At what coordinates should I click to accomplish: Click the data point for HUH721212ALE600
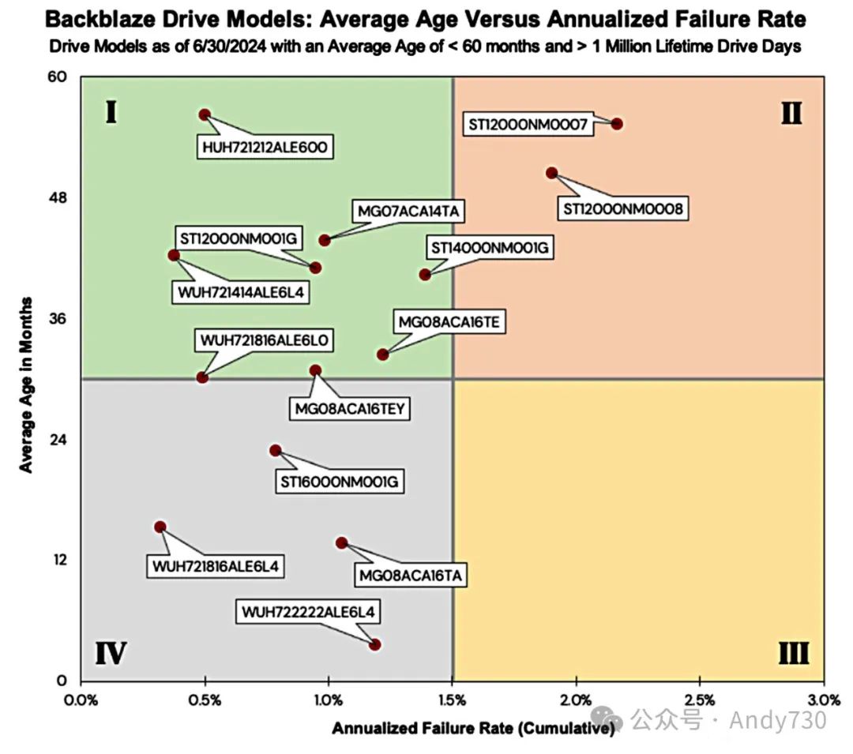pos(205,114)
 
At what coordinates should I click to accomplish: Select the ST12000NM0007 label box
pos(528,125)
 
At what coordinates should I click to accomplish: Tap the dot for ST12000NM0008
pos(552,173)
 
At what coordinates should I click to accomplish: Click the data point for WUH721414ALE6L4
pos(174,255)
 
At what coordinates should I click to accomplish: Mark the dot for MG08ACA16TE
pos(383,354)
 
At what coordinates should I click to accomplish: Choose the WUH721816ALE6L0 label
pos(265,340)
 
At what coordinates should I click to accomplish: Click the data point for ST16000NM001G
pos(275,450)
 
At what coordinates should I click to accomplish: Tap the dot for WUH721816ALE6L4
pos(160,527)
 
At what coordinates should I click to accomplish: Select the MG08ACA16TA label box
pos(409,575)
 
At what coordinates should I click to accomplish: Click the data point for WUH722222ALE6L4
pos(375,645)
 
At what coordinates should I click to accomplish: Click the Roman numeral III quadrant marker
pos(792,654)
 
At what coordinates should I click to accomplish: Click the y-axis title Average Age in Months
pos(27,385)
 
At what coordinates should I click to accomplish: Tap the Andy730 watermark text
pos(778,720)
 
